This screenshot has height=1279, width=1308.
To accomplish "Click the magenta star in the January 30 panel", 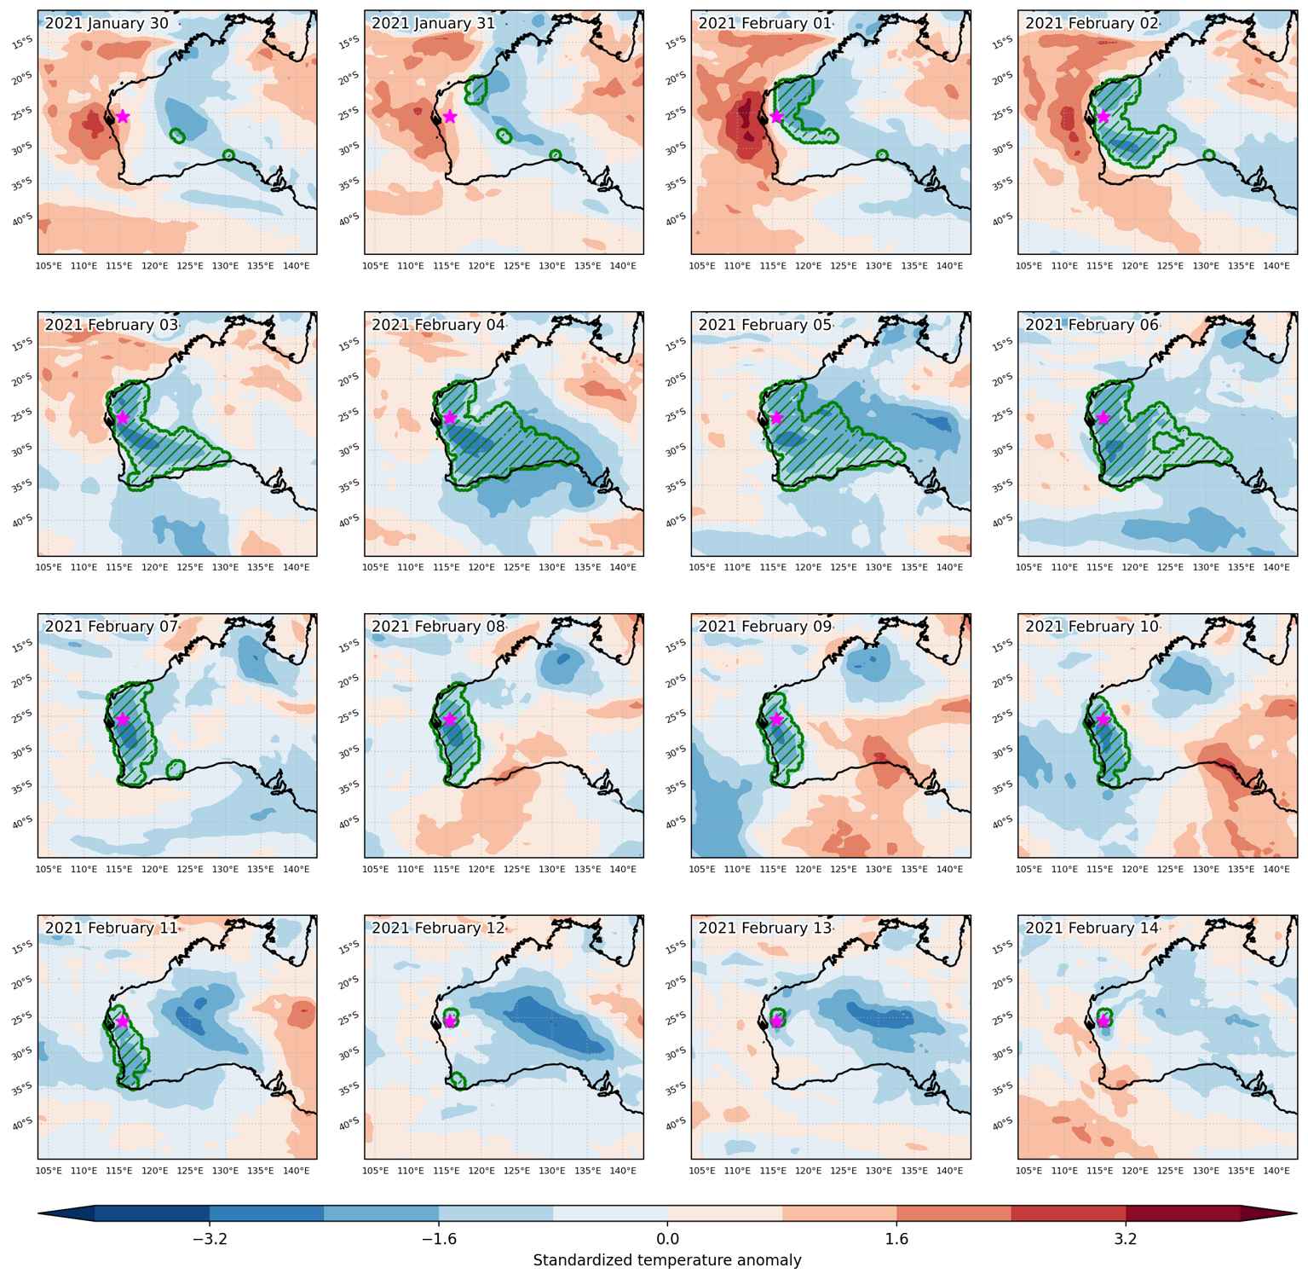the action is tap(123, 116).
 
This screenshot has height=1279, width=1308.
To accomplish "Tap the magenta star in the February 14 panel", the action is tap(1103, 1021).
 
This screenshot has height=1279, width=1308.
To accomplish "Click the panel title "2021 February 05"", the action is tap(765, 325).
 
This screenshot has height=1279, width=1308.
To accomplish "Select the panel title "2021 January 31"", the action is tap(433, 23).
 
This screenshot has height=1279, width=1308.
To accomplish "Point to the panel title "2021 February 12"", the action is tap(438, 928).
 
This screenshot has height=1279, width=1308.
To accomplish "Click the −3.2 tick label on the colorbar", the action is tap(210, 1238).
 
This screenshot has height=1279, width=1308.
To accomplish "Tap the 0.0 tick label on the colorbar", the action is tap(668, 1238).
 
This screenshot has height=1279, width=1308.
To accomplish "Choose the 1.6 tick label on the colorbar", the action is tap(897, 1238).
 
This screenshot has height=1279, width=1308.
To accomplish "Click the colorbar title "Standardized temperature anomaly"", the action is tap(667, 1260).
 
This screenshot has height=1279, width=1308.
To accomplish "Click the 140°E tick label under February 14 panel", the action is tap(1276, 1171).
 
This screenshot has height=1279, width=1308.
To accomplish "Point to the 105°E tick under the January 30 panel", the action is tap(49, 266).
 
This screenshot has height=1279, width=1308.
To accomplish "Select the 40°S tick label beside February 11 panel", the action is tap(23, 1123).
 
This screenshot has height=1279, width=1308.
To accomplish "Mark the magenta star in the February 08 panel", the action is tap(450, 720).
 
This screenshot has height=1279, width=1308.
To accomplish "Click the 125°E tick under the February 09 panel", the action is tap(844, 870).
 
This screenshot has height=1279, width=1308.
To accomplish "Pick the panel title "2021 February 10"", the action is tap(1092, 627).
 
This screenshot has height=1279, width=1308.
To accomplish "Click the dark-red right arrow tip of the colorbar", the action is tap(1295, 1214).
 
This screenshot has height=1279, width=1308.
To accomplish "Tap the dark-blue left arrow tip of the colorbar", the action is tap(40, 1214).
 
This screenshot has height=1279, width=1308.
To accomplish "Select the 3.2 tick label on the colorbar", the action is tap(1126, 1238).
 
